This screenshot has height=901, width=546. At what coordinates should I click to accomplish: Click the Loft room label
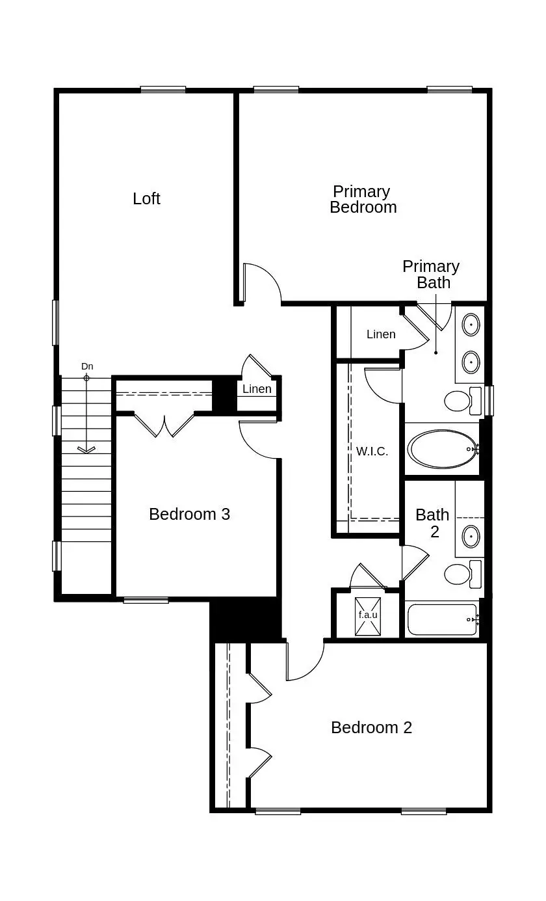(x=146, y=198)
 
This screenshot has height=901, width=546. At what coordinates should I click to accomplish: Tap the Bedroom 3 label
(x=189, y=514)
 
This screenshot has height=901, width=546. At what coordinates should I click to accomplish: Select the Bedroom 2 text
(x=371, y=727)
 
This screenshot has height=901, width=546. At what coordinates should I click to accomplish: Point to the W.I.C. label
(x=372, y=451)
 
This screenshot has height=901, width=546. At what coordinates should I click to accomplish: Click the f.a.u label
(x=368, y=614)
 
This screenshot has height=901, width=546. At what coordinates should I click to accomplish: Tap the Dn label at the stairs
(x=87, y=366)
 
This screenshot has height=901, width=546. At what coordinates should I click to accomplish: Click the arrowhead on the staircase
(x=86, y=449)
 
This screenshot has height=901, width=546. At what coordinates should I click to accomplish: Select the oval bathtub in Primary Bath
(x=442, y=449)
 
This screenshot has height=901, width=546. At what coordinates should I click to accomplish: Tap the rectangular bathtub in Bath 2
(x=442, y=620)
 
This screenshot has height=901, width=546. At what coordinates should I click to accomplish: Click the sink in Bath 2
(x=471, y=537)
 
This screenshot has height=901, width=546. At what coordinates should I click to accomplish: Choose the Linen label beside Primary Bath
(x=381, y=334)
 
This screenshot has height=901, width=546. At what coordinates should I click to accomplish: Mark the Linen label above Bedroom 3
(x=257, y=389)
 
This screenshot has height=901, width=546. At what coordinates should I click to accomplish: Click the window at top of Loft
(x=163, y=90)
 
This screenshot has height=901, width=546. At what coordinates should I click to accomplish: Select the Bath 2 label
(x=432, y=523)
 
